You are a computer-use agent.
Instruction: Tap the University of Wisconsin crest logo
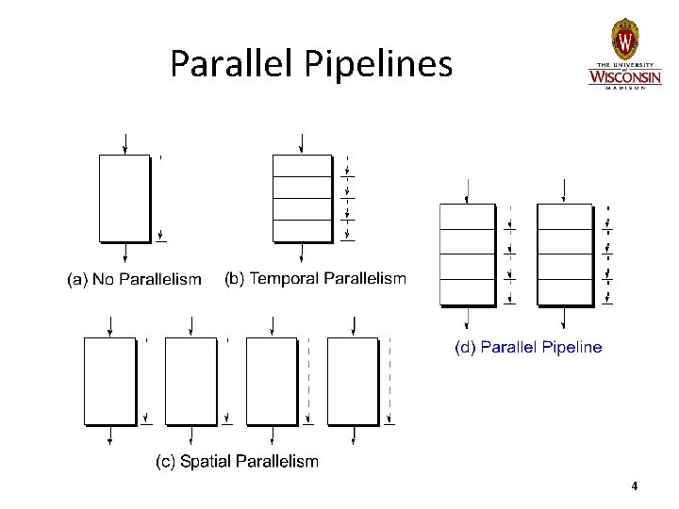(625, 39)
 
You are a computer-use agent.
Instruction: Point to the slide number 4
(635, 486)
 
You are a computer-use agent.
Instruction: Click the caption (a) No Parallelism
(134, 279)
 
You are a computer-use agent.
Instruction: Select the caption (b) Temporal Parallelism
(315, 278)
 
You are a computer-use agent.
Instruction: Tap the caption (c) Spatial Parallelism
(237, 462)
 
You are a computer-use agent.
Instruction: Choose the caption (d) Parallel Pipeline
(528, 347)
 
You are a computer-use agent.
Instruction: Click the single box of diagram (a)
(124, 198)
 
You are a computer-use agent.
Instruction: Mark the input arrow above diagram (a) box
(124, 143)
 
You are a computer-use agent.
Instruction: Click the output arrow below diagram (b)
(302, 254)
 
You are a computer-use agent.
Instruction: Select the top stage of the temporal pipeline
(302, 165)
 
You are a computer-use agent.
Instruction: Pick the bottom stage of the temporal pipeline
(302, 231)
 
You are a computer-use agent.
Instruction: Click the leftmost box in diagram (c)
(110, 380)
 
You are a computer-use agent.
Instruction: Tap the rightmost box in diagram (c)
(353, 380)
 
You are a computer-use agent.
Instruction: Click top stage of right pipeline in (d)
(564, 217)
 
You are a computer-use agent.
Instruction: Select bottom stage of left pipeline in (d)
(468, 292)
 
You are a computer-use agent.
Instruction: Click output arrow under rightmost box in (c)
(353, 435)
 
